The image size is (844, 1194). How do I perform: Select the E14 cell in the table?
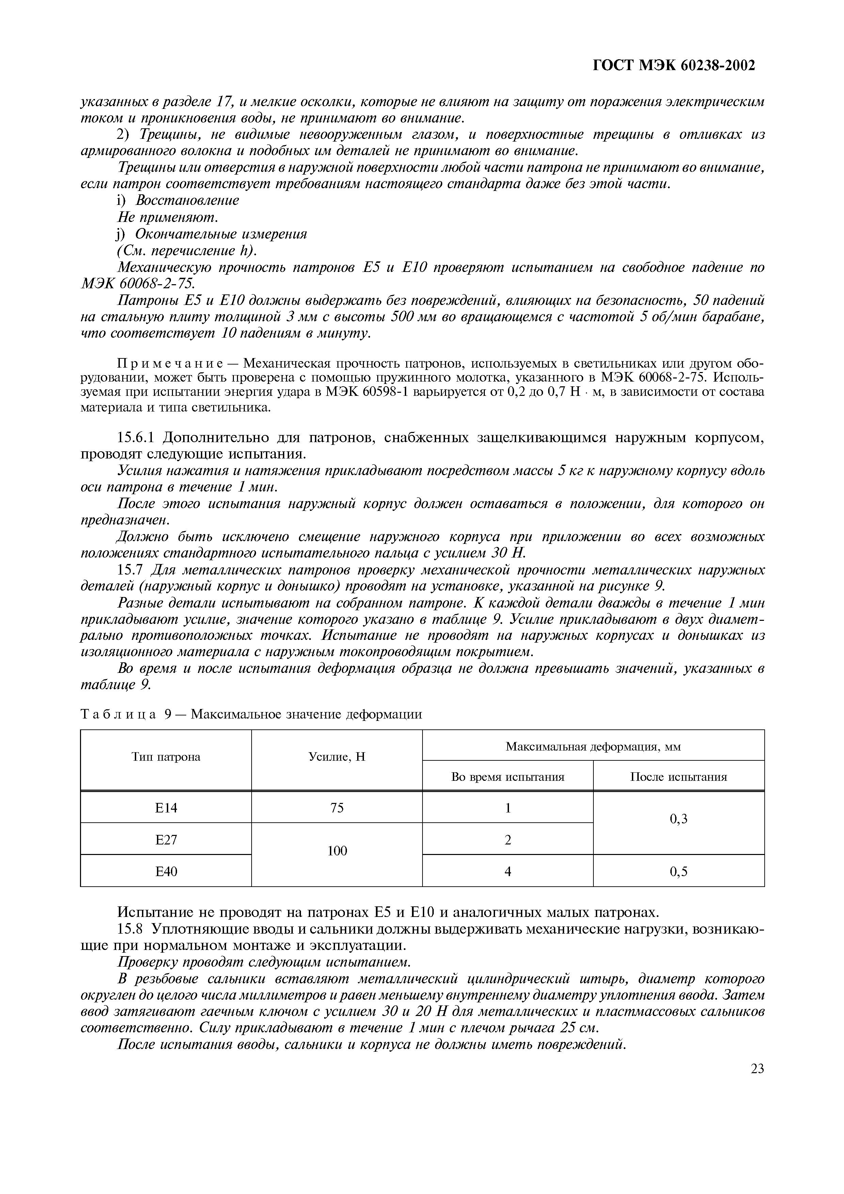click(x=166, y=808)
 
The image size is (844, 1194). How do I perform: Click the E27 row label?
click(x=166, y=839)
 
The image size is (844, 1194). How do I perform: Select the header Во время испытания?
click(x=508, y=777)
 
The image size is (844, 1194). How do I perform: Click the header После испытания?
click(x=678, y=777)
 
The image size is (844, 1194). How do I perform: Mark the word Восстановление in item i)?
click(x=187, y=200)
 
